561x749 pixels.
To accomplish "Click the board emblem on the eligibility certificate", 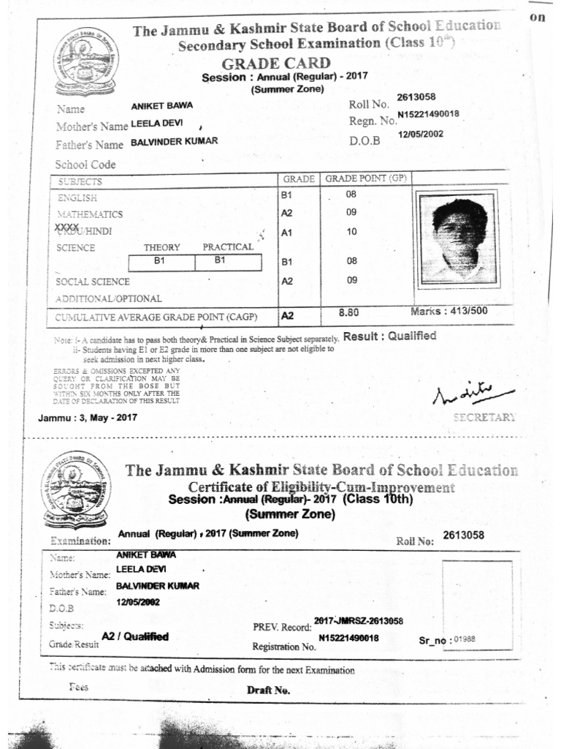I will click(74, 487).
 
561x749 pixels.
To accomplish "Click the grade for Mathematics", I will click(286, 214).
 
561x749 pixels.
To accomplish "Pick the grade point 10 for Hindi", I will click(351, 232).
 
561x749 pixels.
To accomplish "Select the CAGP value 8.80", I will click(350, 313).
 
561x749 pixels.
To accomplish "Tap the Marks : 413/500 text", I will click(449, 312).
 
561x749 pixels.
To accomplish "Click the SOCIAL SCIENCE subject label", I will click(93, 282).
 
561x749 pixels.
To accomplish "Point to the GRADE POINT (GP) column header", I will click(365, 178).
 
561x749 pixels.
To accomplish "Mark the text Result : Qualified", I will click(389, 336).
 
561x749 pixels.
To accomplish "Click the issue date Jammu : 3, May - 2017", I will click(87, 418).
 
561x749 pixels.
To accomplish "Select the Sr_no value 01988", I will click(464, 639).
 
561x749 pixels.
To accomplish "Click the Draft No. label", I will click(268, 690).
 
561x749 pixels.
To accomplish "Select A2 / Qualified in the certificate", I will click(134, 636).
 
